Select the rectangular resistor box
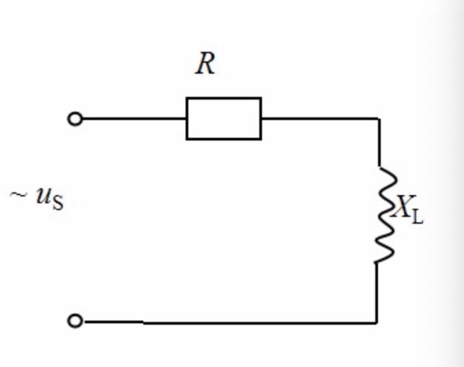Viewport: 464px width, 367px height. pyautogui.click(x=223, y=118)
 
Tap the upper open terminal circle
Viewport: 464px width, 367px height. pyautogui.click(x=75, y=119)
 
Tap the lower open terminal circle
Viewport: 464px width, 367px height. pyautogui.click(x=75, y=321)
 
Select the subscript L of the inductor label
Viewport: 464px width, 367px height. pyautogui.click(x=417, y=218)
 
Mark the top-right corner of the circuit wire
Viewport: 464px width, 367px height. pyautogui.click(x=378, y=118)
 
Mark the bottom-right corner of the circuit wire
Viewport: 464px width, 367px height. pyautogui.click(x=377, y=321)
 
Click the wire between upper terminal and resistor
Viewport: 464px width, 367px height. pyautogui.click(x=133, y=119)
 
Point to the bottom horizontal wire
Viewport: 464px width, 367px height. pyautogui.click(x=225, y=321)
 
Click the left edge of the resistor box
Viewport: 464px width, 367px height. pyautogui.click(x=187, y=118)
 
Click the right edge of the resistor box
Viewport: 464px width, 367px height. pyautogui.click(x=261, y=118)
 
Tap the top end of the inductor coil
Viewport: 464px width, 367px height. pyautogui.click(x=379, y=167)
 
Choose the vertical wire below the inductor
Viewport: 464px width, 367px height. pyautogui.click(x=377, y=292)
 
